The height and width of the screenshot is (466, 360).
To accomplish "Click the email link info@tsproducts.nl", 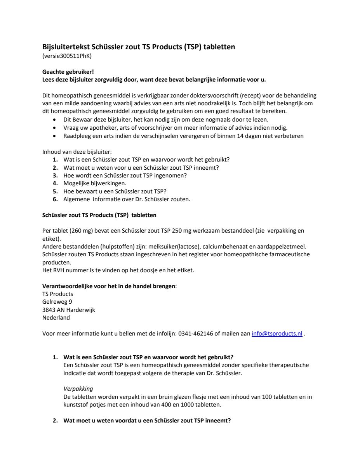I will pyautogui.click(x=277, y=334).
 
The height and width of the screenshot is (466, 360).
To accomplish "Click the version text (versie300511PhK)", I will pyautogui.click(x=67, y=56).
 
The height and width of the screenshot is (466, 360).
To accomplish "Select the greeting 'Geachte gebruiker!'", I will pyautogui.click(x=68, y=72).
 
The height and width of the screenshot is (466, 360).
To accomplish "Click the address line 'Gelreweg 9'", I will pyautogui.click(x=57, y=302).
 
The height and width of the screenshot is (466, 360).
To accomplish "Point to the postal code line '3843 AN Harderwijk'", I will pyautogui.click(x=68, y=310).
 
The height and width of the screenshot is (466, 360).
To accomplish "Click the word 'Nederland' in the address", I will pyautogui.click(x=56, y=318).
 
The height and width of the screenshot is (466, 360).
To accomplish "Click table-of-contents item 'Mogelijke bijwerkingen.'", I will pyautogui.click(x=95, y=183).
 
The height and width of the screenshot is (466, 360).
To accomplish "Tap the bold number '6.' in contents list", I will pyautogui.click(x=56, y=199).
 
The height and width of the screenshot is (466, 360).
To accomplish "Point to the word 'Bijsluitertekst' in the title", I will pyautogui.click(x=66, y=47).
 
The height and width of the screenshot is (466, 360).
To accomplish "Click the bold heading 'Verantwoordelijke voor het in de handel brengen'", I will pyautogui.click(x=109, y=286).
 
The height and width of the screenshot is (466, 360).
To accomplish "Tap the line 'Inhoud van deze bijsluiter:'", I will pyautogui.click(x=77, y=152).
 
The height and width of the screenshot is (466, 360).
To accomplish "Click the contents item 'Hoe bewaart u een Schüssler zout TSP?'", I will pyautogui.click(x=115, y=191).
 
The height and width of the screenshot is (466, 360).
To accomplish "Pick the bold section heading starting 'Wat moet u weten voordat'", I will pyautogui.click(x=147, y=421).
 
